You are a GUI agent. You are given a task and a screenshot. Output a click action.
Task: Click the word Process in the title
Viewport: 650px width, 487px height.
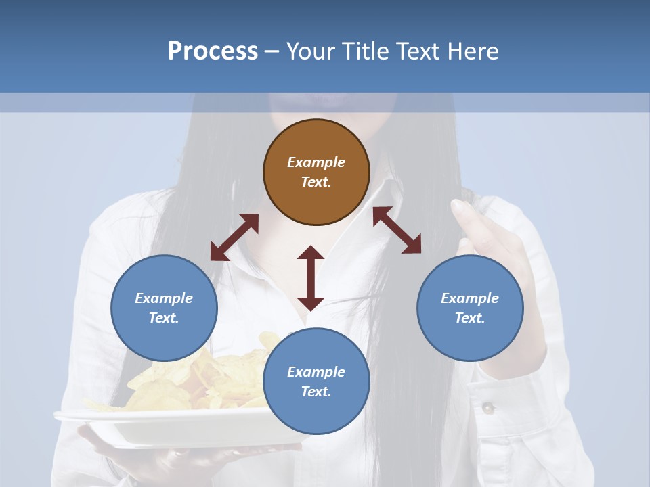click(213, 51)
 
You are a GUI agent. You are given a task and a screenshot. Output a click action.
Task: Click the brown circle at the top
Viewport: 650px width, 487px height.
click(316, 172)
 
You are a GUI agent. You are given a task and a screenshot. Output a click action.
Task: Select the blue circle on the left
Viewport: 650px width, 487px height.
click(164, 308)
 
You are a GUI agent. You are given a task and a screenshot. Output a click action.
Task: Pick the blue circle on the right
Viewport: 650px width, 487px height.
click(470, 308)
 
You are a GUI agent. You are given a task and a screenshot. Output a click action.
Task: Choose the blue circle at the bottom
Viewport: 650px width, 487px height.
click(316, 381)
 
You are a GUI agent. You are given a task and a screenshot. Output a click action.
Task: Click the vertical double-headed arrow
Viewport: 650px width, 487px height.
click(311, 278)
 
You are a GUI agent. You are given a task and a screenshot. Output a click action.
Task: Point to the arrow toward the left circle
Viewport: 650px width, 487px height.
click(234, 237)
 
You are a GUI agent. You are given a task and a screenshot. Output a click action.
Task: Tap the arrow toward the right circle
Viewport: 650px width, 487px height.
click(397, 230)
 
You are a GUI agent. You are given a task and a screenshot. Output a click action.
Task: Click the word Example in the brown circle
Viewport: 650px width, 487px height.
click(316, 162)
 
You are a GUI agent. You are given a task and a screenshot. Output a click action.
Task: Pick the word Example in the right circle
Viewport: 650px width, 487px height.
click(470, 298)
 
